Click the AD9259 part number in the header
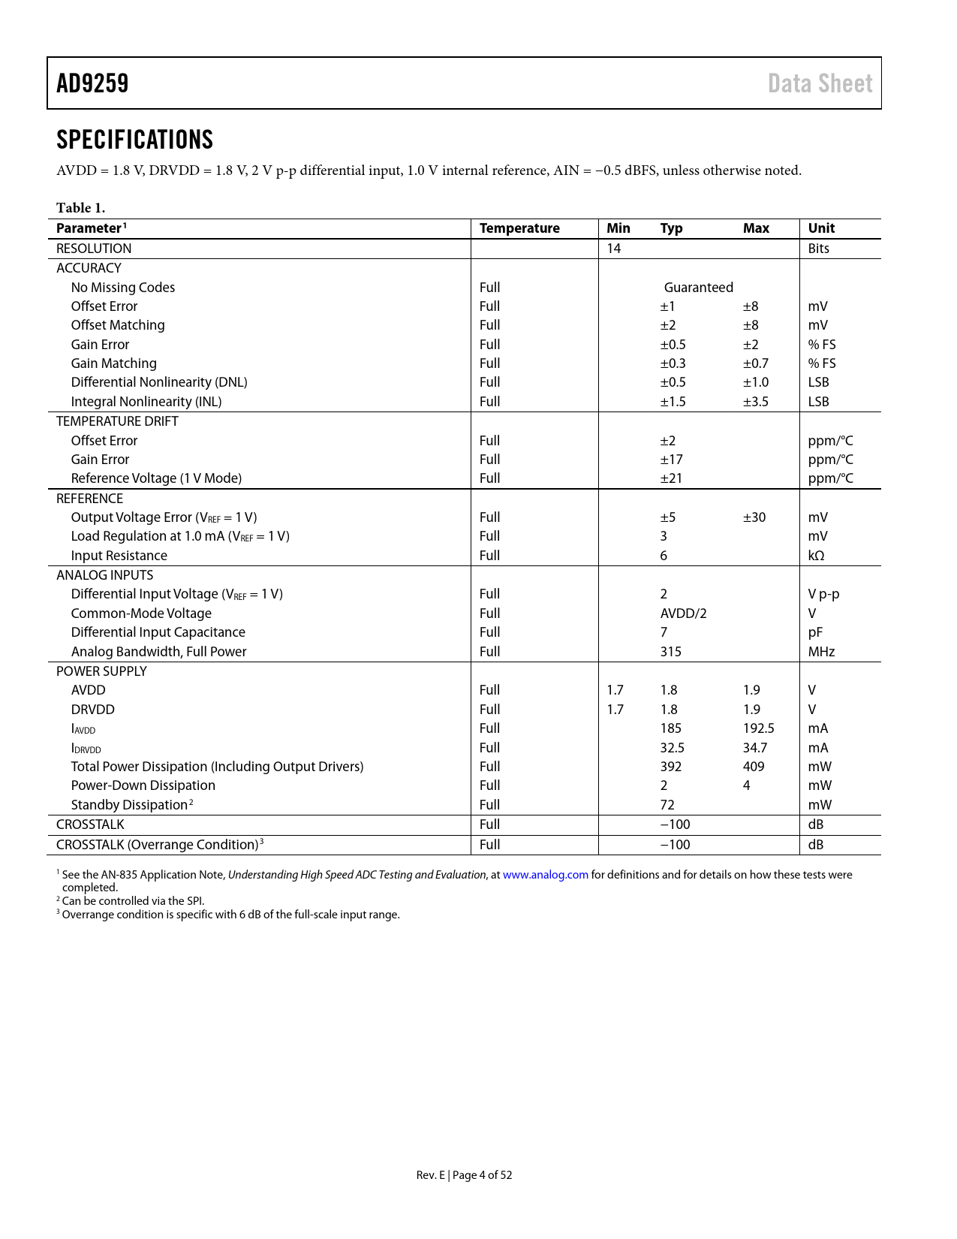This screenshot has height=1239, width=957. (92, 83)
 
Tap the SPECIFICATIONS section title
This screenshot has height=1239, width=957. (134, 140)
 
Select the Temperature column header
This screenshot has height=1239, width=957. (519, 228)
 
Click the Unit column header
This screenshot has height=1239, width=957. (821, 228)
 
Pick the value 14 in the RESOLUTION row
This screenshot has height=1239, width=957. (614, 249)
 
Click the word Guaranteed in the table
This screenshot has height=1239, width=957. (698, 288)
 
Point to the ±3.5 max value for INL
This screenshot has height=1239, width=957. (756, 402)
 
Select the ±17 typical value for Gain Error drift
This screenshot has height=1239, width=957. (671, 460)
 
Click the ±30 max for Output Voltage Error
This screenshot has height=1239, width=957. (754, 517)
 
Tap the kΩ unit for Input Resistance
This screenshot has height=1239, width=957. (816, 556)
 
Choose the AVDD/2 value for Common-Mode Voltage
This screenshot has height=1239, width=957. (683, 613)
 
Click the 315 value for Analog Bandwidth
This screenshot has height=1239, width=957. (671, 652)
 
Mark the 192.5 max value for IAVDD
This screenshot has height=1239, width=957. (758, 728)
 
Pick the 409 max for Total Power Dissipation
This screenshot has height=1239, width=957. (754, 767)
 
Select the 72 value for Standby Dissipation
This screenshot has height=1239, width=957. (667, 805)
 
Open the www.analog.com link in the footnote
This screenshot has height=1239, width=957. (546, 875)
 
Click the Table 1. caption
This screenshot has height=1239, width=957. (80, 208)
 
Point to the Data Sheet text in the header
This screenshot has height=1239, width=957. (820, 83)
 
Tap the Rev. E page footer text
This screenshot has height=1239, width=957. (464, 1175)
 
